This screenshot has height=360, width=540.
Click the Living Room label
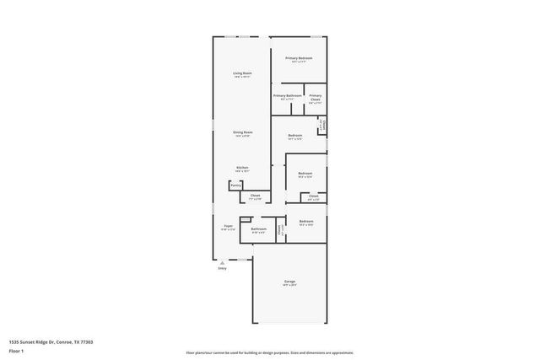pos(243,74)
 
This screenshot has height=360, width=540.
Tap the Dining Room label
pos(243,132)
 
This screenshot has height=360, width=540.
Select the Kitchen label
pos(242,167)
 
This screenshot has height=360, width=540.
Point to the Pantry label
pos(235,185)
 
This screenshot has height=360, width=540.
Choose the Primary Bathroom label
pos(288,96)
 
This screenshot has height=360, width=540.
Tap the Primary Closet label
pos(315,96)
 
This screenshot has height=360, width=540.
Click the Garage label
pos(289,282)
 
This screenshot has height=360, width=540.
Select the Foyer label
pos(228,226)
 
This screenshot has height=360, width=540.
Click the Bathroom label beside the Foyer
pos(258,228)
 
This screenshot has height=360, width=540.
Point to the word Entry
pos(223,268)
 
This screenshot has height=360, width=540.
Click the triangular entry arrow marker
pos(223,261)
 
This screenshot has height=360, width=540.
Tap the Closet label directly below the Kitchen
pos(255,196)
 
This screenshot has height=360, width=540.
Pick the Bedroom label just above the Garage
pos(305,222)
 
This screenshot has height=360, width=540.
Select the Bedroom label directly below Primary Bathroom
pos(295,136)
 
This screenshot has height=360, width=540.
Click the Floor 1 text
pos(16,352)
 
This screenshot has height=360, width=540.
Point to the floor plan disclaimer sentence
pos(270,352)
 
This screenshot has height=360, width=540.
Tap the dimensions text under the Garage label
pos(289,286)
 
